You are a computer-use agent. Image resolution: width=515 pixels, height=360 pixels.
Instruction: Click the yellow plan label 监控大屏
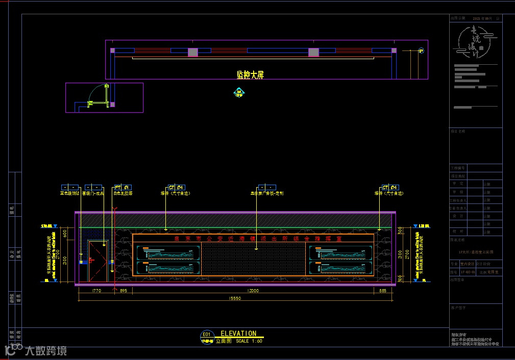coord(250,75)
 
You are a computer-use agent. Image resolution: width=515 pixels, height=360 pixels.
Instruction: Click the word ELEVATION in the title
coord(238,333)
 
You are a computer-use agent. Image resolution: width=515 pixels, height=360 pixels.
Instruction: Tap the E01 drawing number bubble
coord(207,335)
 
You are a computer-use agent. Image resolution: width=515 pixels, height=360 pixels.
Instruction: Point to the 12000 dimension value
coord(253,291)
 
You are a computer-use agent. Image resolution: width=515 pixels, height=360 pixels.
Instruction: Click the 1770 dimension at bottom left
coord(97,291)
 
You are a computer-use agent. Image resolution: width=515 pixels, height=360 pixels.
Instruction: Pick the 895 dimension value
coord(123,291)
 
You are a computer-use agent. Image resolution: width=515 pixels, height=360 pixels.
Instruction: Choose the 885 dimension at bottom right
coord(383,291)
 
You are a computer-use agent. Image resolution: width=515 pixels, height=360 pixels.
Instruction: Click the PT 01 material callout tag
coord(123,188)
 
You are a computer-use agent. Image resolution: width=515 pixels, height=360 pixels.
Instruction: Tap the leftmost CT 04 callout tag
coord(176,188)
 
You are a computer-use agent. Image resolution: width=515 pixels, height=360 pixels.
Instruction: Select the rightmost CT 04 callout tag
coord(390,188)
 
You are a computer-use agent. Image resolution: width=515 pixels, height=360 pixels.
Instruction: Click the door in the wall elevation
coord(98,260)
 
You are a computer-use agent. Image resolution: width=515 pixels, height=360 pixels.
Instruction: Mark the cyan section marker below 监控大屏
coord(239,92)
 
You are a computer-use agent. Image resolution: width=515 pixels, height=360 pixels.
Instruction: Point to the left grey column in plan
coord(193,52)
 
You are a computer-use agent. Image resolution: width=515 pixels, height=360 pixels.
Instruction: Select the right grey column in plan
coord(313,52)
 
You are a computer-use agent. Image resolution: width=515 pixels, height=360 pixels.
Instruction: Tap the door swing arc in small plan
coord(96,94)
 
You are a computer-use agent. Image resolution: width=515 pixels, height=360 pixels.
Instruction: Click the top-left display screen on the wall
coord(168,252)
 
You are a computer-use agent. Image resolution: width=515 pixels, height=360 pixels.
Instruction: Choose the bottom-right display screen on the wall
coord(339,268)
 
